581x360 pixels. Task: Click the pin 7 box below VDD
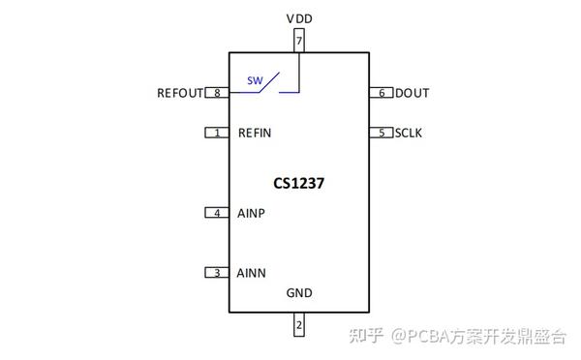coord(299,42)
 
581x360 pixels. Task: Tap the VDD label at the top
coord(299,18)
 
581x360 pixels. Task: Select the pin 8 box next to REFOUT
coord(217,93)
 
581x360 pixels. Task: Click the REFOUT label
coord(180,94)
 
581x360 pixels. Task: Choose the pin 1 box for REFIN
coord(217,133)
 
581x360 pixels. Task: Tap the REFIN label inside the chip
coord(256,133)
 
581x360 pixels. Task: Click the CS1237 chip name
coord(299,182)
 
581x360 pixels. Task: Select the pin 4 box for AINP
coord(217,213)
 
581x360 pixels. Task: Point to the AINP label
coord(252,213)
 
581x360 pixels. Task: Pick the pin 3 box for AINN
coord(217,273)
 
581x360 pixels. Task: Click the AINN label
coord(252,273)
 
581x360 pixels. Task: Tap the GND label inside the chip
coord(299,293)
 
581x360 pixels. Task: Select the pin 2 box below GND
coord(299,325)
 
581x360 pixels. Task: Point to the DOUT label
coord(413,94)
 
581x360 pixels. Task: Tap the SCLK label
coord(409,133)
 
